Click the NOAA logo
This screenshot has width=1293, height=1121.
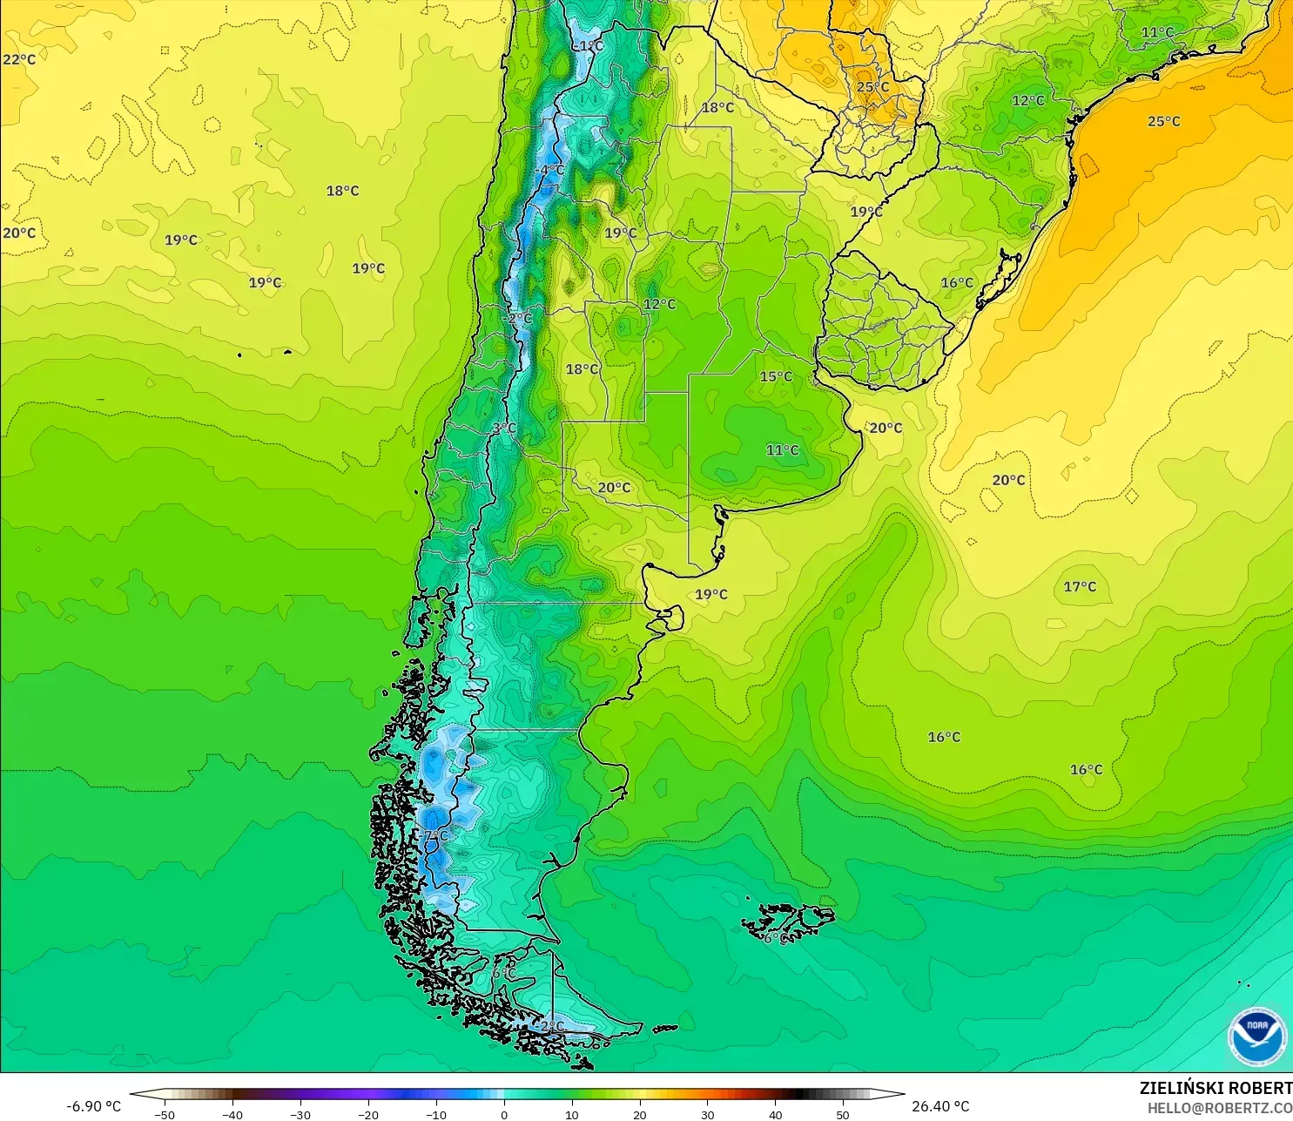pyautogui.click(x=1256, y=1036)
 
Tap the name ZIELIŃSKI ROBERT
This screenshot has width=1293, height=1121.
pyautogui.click(x=1216, y=1088)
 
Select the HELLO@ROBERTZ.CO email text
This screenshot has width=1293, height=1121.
pyautogui.click(x=1219, y=1108)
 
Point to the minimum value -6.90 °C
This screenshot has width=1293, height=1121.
pyautogui.click(x=94, y=1106)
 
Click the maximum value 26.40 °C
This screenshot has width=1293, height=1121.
pyautogui.click(x=940, y=1106)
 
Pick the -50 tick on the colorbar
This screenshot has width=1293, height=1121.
pyautogui.click(x=164, y=1114)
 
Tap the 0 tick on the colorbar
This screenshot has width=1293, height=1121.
pyautogui.click(x=504, y=1114)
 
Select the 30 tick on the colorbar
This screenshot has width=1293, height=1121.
pyautogui.click(x=708, y=1114)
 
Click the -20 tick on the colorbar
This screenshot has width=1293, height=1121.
pyautogui.click(x=367, y=1114)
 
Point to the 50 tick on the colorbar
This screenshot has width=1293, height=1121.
pyautogui.click(x=843, y=1114)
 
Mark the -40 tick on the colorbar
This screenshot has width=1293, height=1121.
pyautogui.click(x=232, y=1114)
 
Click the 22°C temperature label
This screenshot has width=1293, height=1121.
pyautogui.click(x=19, y=59)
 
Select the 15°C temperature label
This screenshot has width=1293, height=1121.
pyautogui.click(x=776, y=376)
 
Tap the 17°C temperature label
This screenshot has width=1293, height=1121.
pyautogui.click(x=1080, y=586)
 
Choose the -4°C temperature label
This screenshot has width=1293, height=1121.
pyautogui.click(x=549, y=169)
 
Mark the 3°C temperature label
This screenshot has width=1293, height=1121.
pyautogui.click(x=504, y=428)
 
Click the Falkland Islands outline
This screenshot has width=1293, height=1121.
pyautogui.click(x=788, y=922)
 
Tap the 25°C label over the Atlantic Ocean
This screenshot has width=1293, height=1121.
pyautogui.click(x=1163, y=121)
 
